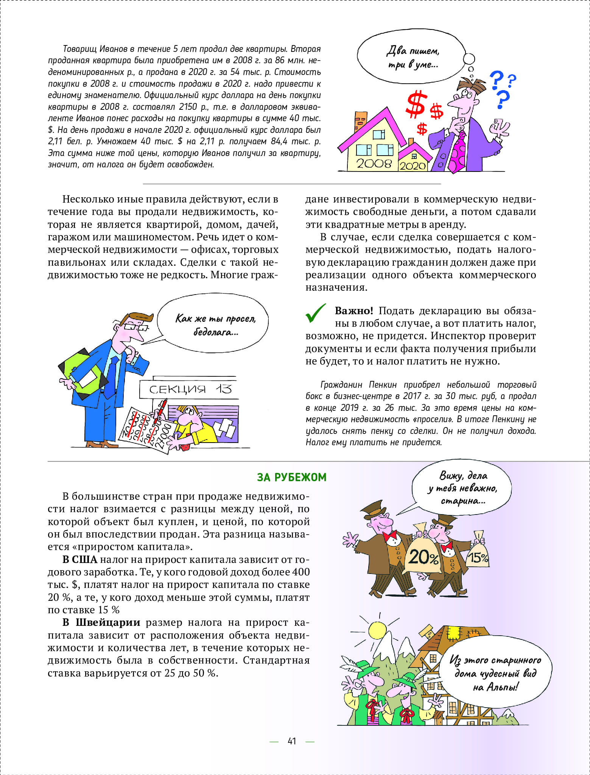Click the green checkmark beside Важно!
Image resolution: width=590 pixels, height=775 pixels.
(315, 313)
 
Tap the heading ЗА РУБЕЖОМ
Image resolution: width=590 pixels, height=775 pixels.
(291, 477)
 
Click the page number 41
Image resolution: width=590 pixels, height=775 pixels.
(292, 741)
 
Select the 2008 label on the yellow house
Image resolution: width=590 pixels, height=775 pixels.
(374, 164)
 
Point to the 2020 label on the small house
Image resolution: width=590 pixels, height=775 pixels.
(413, 166)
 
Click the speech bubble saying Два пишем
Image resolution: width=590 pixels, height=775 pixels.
(412, 57)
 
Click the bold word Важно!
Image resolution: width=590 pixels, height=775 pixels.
(354, 311)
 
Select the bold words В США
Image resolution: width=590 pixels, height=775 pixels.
(80, 560)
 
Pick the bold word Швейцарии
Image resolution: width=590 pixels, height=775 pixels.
(108, 622)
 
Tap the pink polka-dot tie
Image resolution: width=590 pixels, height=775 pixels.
(459, 151)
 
